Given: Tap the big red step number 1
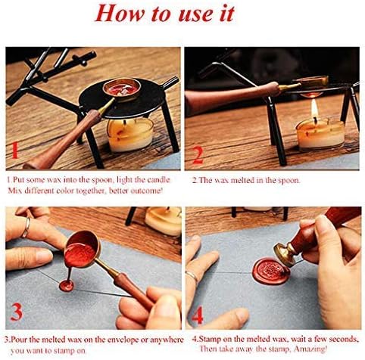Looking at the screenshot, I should click(x=15, y=153).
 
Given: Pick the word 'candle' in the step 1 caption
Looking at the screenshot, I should click(x=156, y=181).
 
